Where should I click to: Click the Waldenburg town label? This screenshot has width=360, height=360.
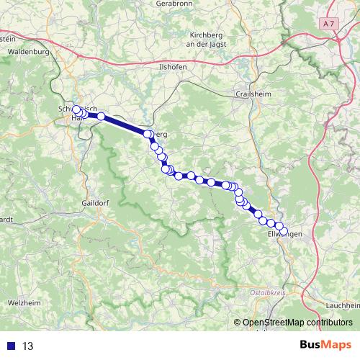pyautogui.click(x=27, y=53)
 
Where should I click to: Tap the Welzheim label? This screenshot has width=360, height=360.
pyautogui.click(x=24, y=302)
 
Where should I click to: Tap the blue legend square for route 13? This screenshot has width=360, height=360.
pyautogui.click(x=10, y=346)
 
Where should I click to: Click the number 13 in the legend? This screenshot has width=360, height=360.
pyautogui.click(x=28, y=346)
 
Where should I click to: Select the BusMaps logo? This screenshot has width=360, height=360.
pyautogui.click(x=330, y=346)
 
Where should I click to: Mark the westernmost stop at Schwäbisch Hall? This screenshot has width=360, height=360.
pyautogui.click(x=76, y=110)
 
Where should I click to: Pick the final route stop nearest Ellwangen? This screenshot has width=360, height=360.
pyautogui.click(x=284, y=231)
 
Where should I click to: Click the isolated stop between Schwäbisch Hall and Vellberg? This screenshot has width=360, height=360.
pyautogui.click(x=102, y=116)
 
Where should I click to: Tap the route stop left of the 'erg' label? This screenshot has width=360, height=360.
pyautogui.click(x=148, y=134)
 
